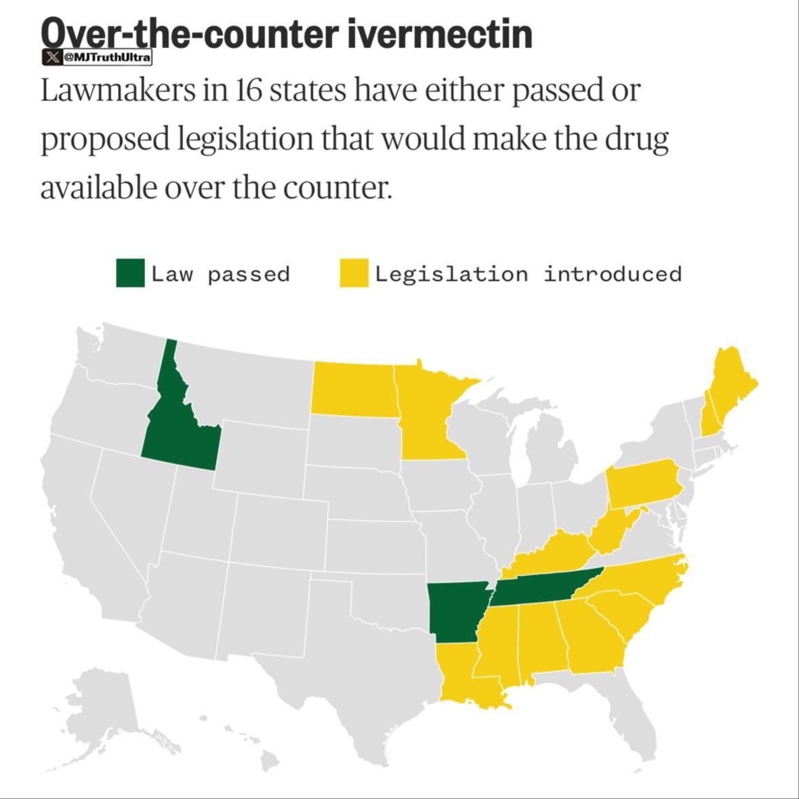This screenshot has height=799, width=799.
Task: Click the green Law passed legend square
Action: [130, 273]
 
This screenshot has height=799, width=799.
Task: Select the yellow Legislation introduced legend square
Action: [354, 273]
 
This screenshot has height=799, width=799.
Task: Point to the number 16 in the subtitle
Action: [248, 90]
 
